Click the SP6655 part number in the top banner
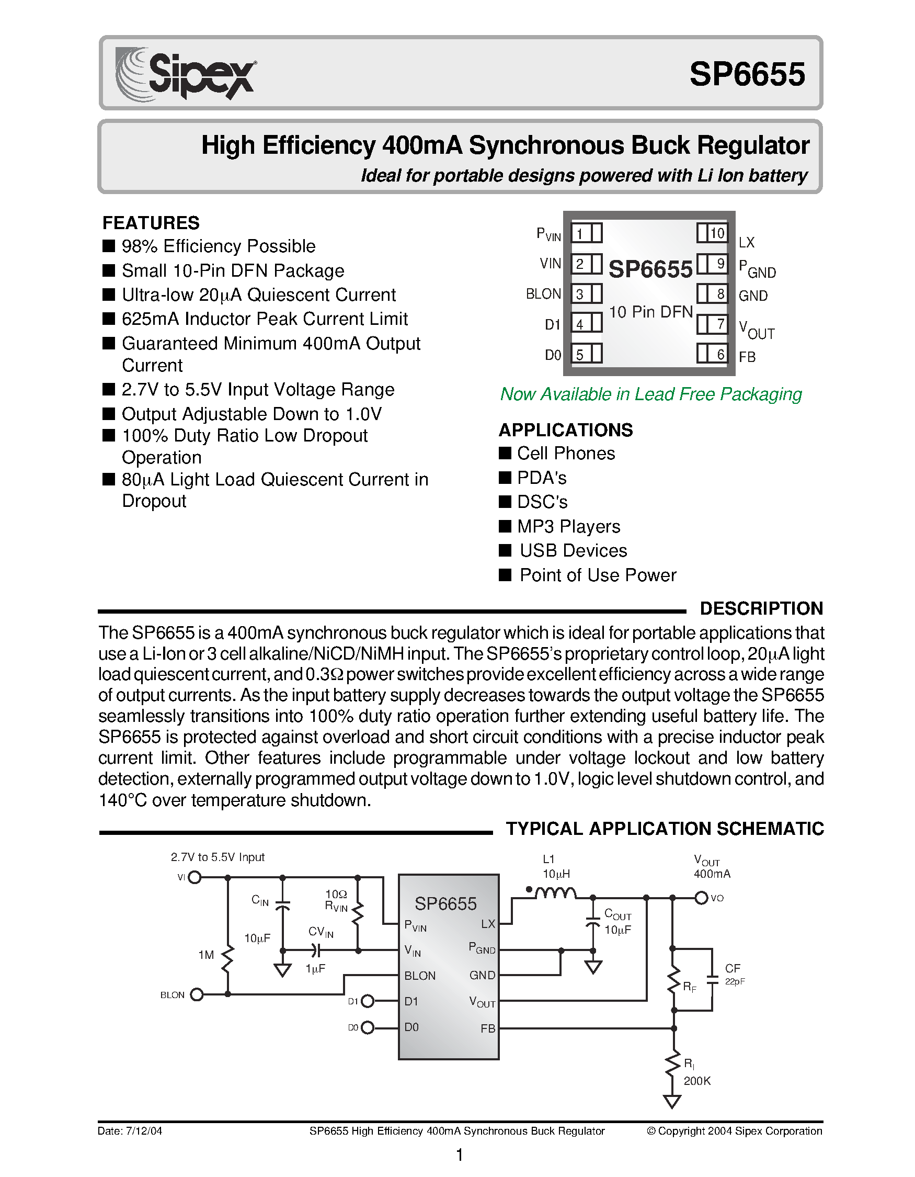pos(747,74)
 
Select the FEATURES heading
pos(151,222)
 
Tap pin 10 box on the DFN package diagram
pos(713,233)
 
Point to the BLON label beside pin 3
pos(543,293)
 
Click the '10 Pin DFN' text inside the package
pos(650,312)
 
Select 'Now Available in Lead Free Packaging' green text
pos(650,394)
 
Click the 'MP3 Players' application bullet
pos(568,526)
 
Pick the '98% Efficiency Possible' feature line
pos(218,246)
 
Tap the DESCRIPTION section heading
pos(761,608)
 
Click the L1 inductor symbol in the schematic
pos(555,893)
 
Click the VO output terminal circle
pos(701,898)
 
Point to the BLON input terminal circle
pos(197,994)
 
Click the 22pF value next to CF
pos(735,981)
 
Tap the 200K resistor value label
pos(697,1081)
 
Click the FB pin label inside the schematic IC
pos(487,1028)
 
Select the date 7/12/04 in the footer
pos(144,1130)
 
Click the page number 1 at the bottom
pos(460,1155)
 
